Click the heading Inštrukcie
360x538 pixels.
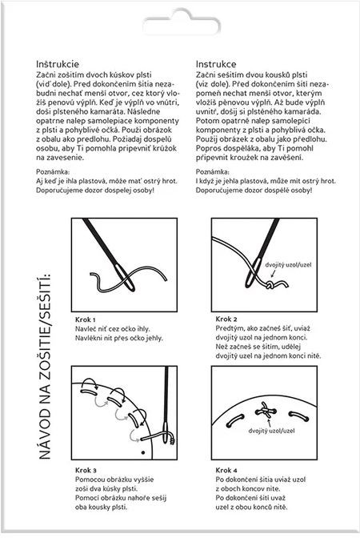(x=58, y=64)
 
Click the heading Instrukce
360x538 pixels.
(x=216, y=64)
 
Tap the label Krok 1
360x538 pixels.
(x=85, y=319)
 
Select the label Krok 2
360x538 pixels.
(x=226, y=319)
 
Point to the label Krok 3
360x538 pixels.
(x=86, y=470)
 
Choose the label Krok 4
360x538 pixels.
(x=226, y=470)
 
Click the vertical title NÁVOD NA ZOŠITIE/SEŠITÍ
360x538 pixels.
(x=45, y=367)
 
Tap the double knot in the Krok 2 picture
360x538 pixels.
(x=270, y=285)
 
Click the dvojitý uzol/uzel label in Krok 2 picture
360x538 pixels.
(x=288, y=265)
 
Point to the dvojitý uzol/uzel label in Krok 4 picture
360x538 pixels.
(x=271, y=431)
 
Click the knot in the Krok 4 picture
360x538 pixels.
(x=266, y=411)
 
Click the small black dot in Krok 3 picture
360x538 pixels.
(x=143, y=452)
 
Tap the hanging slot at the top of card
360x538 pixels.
(x=182, y=22)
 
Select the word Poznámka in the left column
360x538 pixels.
(x=53, y=171)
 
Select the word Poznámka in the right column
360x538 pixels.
(x=212, y=171)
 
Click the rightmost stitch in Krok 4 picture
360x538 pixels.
(x=298, y=416)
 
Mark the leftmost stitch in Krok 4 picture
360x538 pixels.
(x=235, y=420)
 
